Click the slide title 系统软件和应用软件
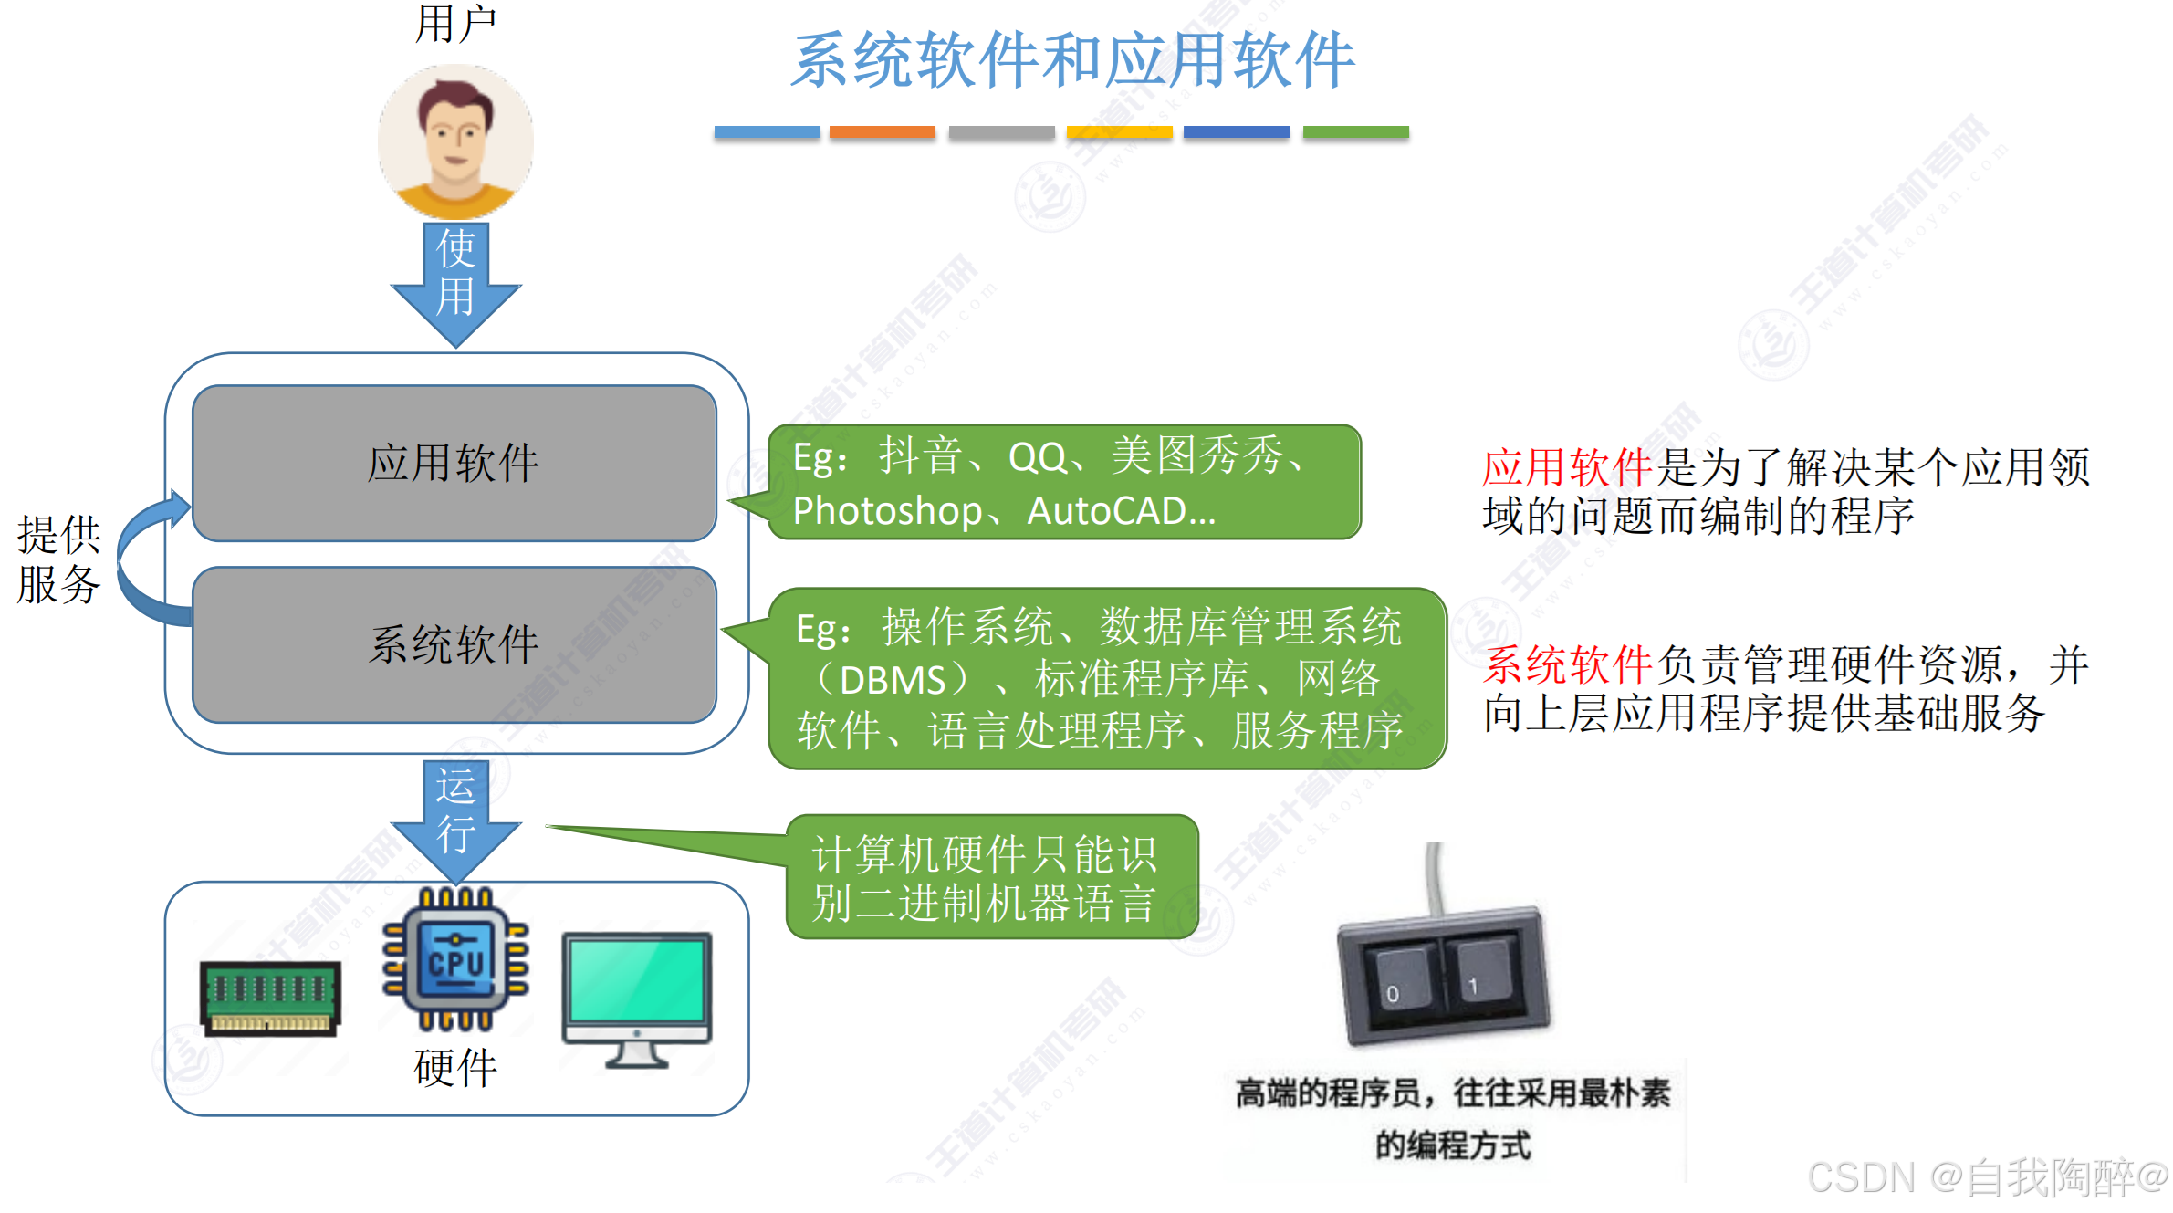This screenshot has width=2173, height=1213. (1072, 60)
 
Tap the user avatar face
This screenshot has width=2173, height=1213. (454, 137)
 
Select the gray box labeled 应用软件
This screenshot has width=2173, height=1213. (454, 463)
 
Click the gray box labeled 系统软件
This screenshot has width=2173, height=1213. (454, 644)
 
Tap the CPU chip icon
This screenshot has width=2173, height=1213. (455, 959)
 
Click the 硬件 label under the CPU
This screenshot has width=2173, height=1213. (455, 1067)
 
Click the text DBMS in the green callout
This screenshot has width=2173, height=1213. (893, 680)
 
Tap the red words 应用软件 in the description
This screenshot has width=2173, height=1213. (1566, 467)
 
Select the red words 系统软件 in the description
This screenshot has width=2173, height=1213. (1566, 664)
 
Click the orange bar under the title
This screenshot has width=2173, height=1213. (882, 132)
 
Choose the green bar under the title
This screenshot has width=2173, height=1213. (1355, 132)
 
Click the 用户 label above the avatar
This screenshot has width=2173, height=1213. (455, 24)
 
